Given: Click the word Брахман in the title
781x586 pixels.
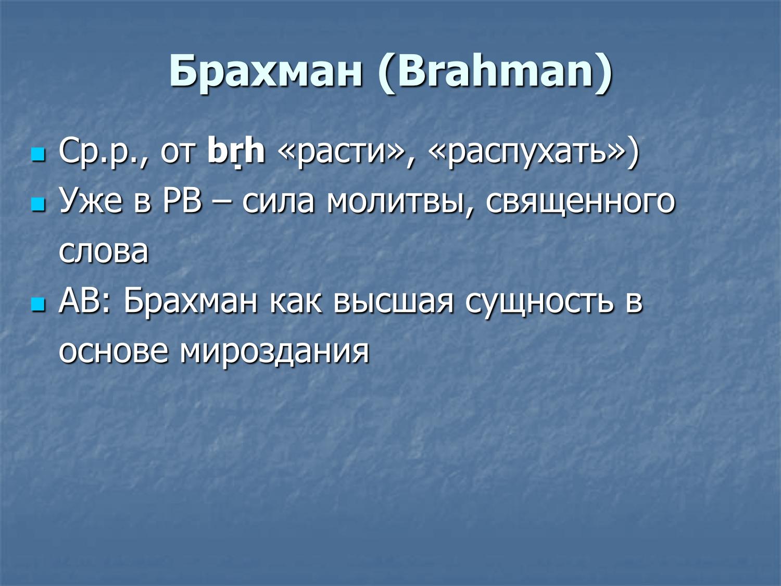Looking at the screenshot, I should point(266,71).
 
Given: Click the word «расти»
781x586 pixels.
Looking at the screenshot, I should point(342,152).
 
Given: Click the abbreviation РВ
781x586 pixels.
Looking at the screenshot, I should point(182,202).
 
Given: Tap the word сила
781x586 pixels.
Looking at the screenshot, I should point(278,202).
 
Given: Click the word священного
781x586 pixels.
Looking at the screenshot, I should point(580,202).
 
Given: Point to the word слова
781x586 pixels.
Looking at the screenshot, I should point(104,251).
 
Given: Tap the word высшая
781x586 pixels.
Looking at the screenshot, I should point(394,301).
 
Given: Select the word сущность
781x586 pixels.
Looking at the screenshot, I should point(539,301).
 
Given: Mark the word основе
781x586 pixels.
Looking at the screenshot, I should point(114,351).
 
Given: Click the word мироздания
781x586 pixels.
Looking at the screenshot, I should point(274,351).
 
